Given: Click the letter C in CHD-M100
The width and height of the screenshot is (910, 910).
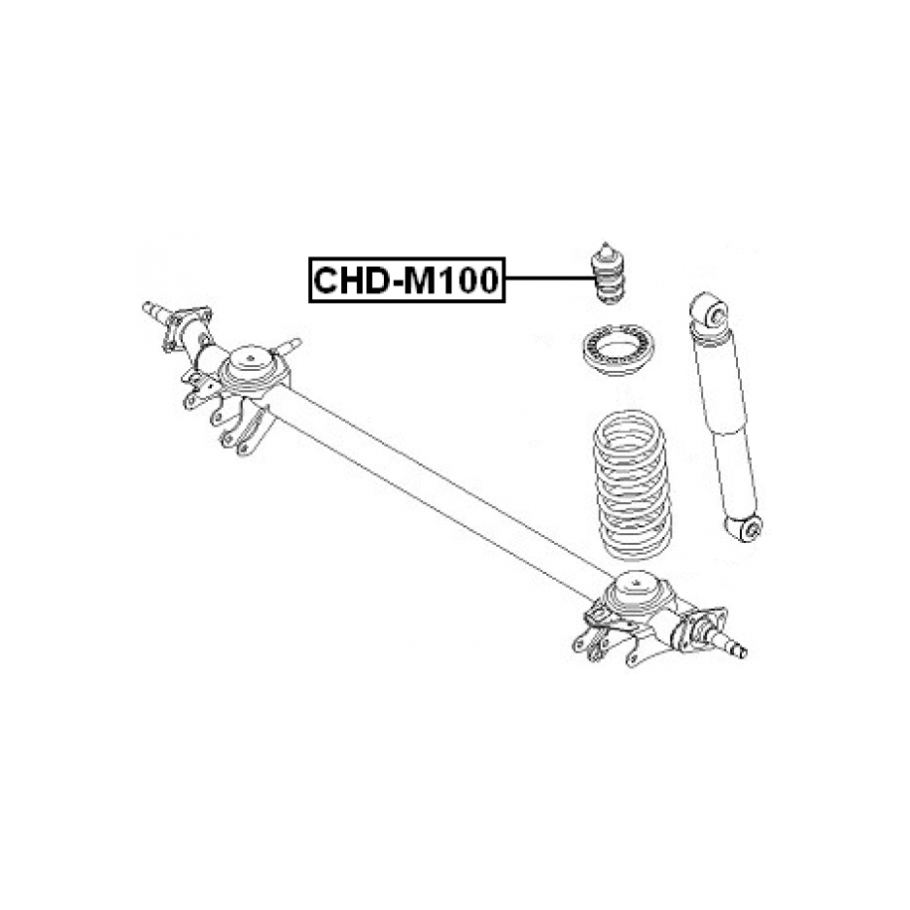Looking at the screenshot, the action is [x=327, y=280].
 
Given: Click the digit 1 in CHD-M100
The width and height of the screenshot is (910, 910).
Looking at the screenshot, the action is [x=446, y=280].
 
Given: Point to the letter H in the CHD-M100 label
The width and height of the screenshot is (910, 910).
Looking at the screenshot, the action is [x=354, y=280].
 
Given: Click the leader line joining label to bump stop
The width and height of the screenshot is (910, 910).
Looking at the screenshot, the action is [x=548, y=278].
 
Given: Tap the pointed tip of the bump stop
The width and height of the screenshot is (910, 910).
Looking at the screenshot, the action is [x=606, y=244].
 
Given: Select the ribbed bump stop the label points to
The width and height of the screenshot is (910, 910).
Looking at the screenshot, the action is [x=607, y=273].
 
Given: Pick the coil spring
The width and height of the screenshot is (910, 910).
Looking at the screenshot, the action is [x=632, y=485].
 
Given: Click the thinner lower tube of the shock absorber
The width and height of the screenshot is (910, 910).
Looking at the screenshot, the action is [x=735, y=473].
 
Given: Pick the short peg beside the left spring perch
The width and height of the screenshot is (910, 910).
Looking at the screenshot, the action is [x=286, y=346].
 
